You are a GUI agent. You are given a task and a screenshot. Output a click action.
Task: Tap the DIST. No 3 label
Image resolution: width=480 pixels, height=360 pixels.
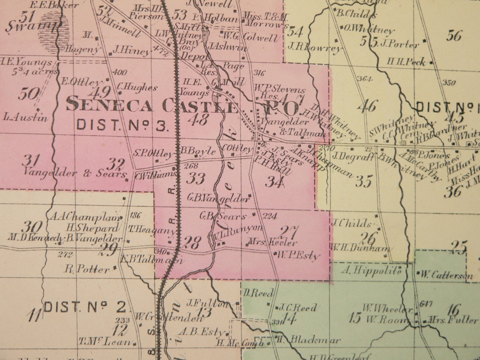(122, 125)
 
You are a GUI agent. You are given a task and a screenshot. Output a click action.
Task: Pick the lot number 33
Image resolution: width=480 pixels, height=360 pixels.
(196, 178)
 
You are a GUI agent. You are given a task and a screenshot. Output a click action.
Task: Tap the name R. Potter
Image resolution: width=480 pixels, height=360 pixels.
(87, 269)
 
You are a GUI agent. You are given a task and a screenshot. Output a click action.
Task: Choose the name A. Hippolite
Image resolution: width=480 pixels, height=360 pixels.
(372, 270)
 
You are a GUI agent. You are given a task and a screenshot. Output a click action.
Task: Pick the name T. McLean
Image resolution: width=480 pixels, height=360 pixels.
(105, 342)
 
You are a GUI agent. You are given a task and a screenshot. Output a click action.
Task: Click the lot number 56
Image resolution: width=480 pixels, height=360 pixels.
(454, 36)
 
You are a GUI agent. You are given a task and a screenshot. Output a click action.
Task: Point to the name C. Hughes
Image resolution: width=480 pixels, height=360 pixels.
(137, 88)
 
